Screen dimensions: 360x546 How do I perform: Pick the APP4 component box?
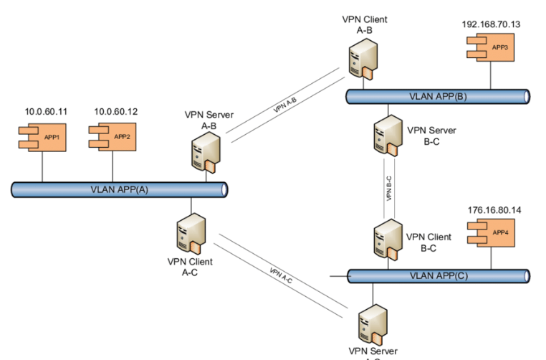492,233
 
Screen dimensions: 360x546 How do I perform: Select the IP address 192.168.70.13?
491,24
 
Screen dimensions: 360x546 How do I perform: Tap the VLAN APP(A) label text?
118,190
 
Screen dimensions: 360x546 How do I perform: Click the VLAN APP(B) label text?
437,96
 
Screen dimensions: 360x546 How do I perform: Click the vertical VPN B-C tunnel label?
389,188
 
